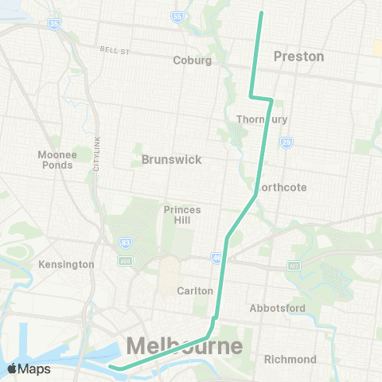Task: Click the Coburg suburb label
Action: [193, 60]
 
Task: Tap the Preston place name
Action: [298, 57]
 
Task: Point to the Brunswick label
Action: [171, 159]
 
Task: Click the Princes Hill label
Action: [182, 215]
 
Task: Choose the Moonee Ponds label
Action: [56, 160]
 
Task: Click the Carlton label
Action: [195, 290]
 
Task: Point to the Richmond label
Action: [290, 359]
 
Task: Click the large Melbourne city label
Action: [184, 347]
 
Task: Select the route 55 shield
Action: [177, 16]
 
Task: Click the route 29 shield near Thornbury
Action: [286, 142]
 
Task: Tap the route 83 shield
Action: [125, 242]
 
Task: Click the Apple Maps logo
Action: [28, 368]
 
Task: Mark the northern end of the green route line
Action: [261, 13]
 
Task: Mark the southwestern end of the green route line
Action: [111, 367]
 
